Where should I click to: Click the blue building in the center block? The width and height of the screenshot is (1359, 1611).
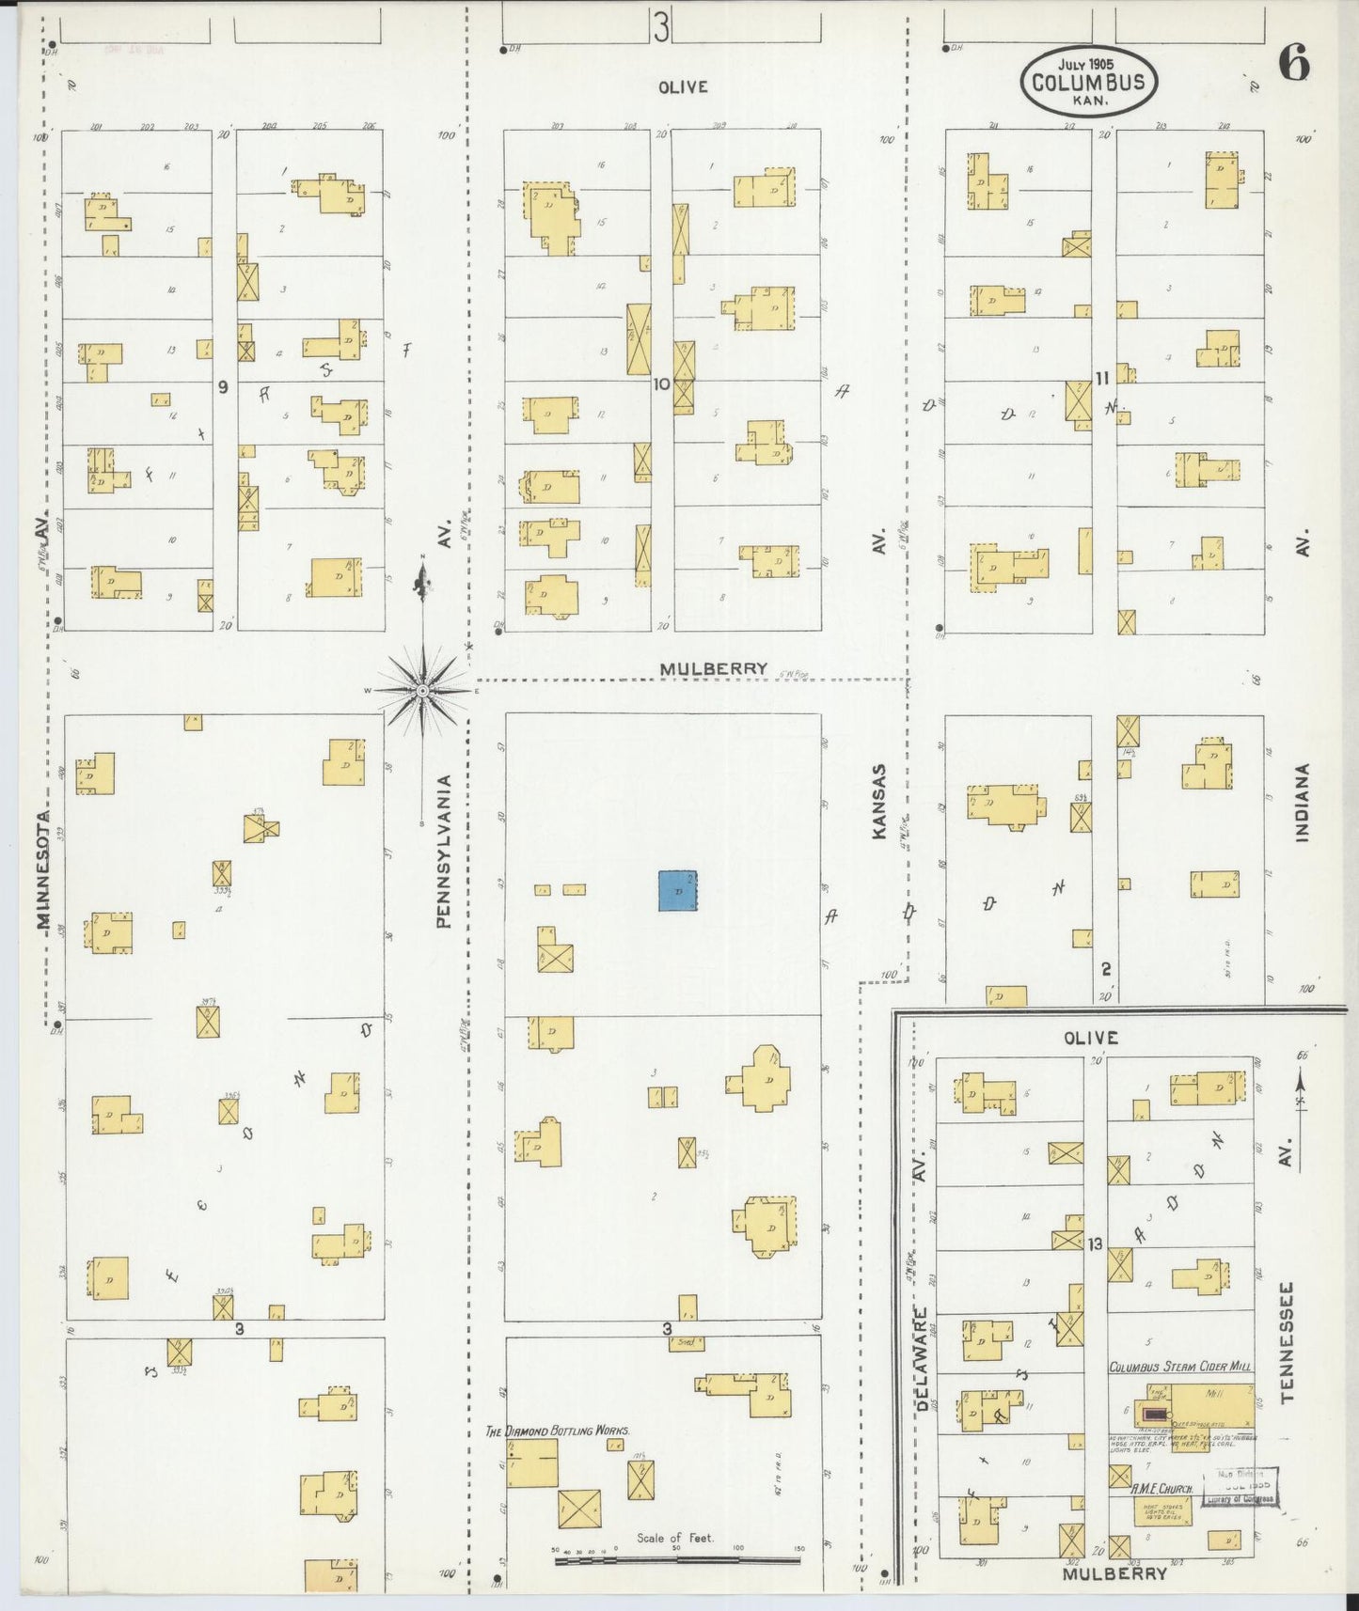pos(677,890)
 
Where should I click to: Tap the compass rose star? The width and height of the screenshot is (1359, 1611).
pos(423,691)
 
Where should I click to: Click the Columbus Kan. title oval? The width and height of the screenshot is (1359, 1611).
pos(1088,82)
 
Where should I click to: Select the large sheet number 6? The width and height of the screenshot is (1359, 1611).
pos(1293,65)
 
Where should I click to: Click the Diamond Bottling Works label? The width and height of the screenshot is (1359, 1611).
pos(557,1431)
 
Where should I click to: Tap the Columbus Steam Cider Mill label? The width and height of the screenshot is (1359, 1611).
pos(1179,1368)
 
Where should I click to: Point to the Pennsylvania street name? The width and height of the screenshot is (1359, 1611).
pos(445,852)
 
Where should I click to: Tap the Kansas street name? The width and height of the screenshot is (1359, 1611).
pos(879,801)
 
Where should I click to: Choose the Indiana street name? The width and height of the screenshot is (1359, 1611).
pos(1303,802)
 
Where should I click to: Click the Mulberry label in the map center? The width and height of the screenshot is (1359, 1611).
pos(713,669)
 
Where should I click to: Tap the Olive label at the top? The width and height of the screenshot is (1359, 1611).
pos(682,86)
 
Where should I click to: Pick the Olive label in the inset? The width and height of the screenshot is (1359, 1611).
pos(1090,1038)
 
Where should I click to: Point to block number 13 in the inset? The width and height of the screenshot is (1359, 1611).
pos(1095,1244)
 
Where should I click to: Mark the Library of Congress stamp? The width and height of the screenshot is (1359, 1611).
pos(1243,1486)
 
